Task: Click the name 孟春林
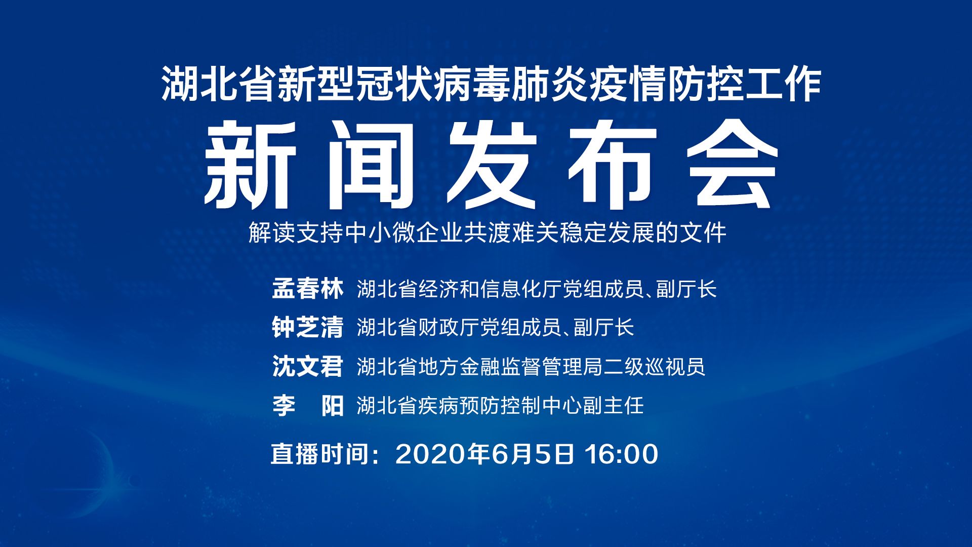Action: tap(308, 289)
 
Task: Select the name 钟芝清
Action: tap(308, 327)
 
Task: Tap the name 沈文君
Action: tap(308, 366)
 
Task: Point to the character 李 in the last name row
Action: tap(284, 405)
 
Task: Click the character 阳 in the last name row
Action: tap(332, 405)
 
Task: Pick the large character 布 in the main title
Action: tap(612, 165)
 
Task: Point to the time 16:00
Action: tap(622, 454)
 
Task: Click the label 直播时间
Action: tap(319, 454)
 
